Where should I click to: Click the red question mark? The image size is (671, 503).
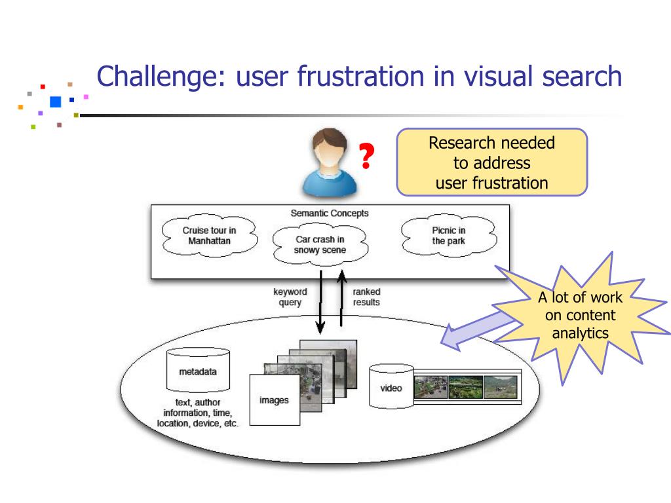tap(366, 156)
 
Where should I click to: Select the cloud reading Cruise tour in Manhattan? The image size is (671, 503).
tap(209, 236)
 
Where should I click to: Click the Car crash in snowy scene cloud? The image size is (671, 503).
tap(320, 245)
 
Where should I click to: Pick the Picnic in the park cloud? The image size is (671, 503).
tap(448, 236)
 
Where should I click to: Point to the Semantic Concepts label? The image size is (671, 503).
tap(330, 213)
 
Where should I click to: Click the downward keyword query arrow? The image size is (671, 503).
tap(320, 302)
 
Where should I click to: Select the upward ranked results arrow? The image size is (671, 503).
tap(341, 298)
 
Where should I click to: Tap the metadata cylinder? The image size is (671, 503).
tap(198, 370)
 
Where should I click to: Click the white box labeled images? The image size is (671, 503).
tap(275, 400)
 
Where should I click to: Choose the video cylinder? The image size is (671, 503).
tap(391, 386)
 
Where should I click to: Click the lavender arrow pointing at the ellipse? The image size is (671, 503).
tap(477, 330)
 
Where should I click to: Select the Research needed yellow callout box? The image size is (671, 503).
tap(492, 162)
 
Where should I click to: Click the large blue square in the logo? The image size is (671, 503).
tap(56, 102)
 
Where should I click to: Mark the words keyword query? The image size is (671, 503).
tap(290, 297)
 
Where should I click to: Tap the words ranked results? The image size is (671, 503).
tap(366, 297)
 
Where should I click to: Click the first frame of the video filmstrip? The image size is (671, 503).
tap(431, 388)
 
